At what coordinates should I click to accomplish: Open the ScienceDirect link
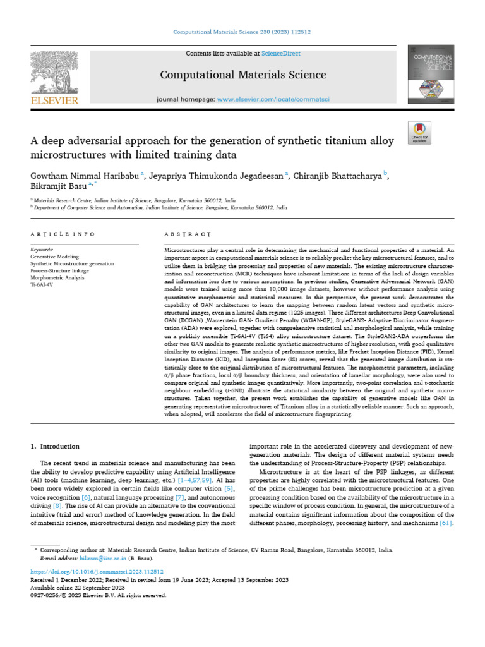pyautogui.click(x=282, y=54)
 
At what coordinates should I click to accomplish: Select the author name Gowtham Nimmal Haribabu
pyautogui.click(x=85, y=175)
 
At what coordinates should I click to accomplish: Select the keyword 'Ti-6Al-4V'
pyautogui.click(x=42, y=285)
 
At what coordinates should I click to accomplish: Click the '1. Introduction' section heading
pyautogui.click(x=55, y=446)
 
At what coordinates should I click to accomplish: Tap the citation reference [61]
pyautogui.click(x=445, y=524)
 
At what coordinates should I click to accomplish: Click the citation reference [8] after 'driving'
pyautogui.click(x=57, y=506)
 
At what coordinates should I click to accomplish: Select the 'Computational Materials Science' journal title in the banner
pyautogui.click(x=243, y=75)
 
